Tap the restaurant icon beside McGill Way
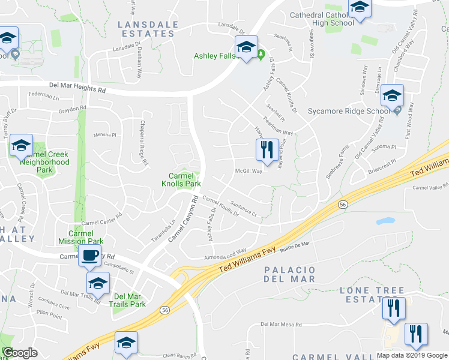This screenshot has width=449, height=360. pyautogui.click(x=267, y=149)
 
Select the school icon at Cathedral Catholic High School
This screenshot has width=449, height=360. pyautogui.click(x=360, y=8)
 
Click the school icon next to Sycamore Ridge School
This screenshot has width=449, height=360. pyautogui.click(x=392, y=96)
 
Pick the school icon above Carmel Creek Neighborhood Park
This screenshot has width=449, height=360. pyautogui.click(x=21, y=145)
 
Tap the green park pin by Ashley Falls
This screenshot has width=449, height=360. pyautogui.click(x=261, y=55)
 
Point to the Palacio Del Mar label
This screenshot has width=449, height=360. pyautogui.click(x=289, y=275)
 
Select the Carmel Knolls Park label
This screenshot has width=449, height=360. pyautogui.click(x=184, y=179)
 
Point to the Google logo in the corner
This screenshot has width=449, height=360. pyautogui.click(x=20, y=353)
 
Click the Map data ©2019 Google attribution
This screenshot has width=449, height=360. pyautogui.click(x=411, y=355)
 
